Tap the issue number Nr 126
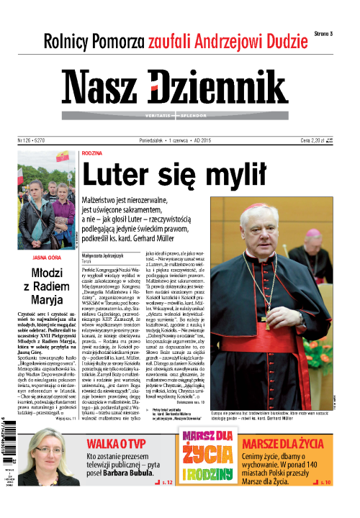26,140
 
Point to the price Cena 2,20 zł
317,140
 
